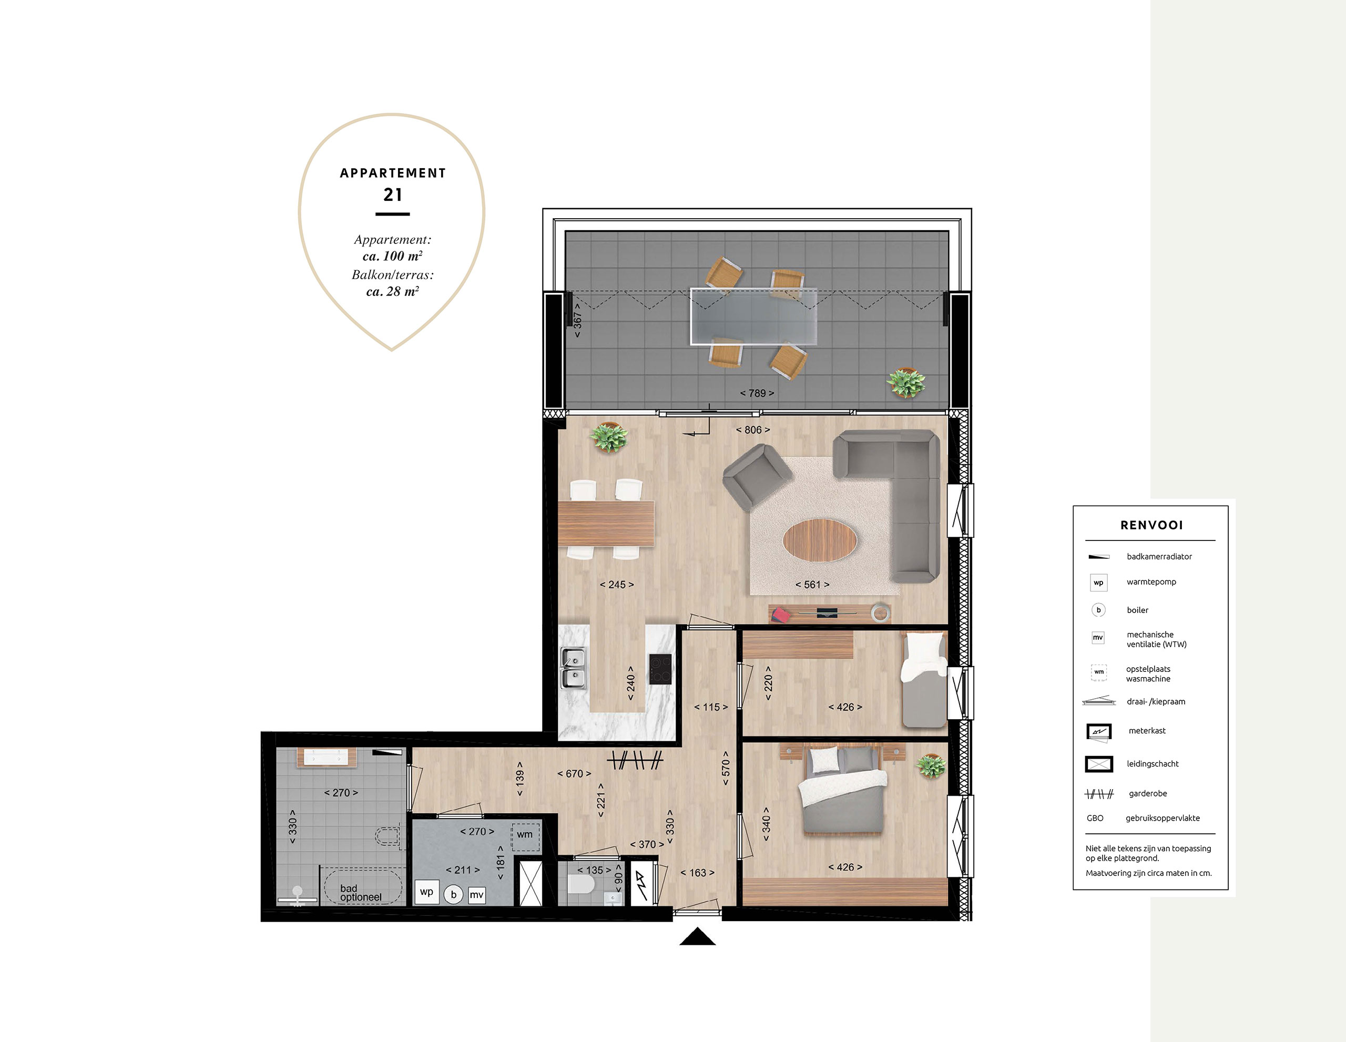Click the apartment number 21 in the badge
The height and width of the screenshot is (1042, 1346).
(x=393, y=195)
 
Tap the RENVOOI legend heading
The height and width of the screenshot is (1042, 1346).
(x=1151, y=525)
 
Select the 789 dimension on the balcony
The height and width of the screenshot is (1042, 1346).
(x=757, y=393)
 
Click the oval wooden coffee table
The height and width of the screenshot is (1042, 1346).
(x=820, y=540)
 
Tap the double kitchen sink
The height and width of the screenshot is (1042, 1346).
(x=573, y=668)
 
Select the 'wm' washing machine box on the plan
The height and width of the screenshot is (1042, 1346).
(x=525, y=834)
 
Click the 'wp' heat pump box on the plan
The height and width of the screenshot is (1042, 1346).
(x=426, y=892)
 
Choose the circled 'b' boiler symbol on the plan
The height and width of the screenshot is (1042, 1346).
(x=454, y=895)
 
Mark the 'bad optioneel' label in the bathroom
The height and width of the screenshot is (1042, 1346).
(x=361, y=893)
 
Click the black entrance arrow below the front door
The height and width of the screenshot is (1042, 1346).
(x=697, y=937)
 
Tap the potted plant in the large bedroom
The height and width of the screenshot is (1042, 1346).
(x=931, y=766)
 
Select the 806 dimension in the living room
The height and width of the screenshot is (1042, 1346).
(x=752, y=430)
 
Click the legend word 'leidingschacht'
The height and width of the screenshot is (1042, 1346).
(x=1153, y=764)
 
